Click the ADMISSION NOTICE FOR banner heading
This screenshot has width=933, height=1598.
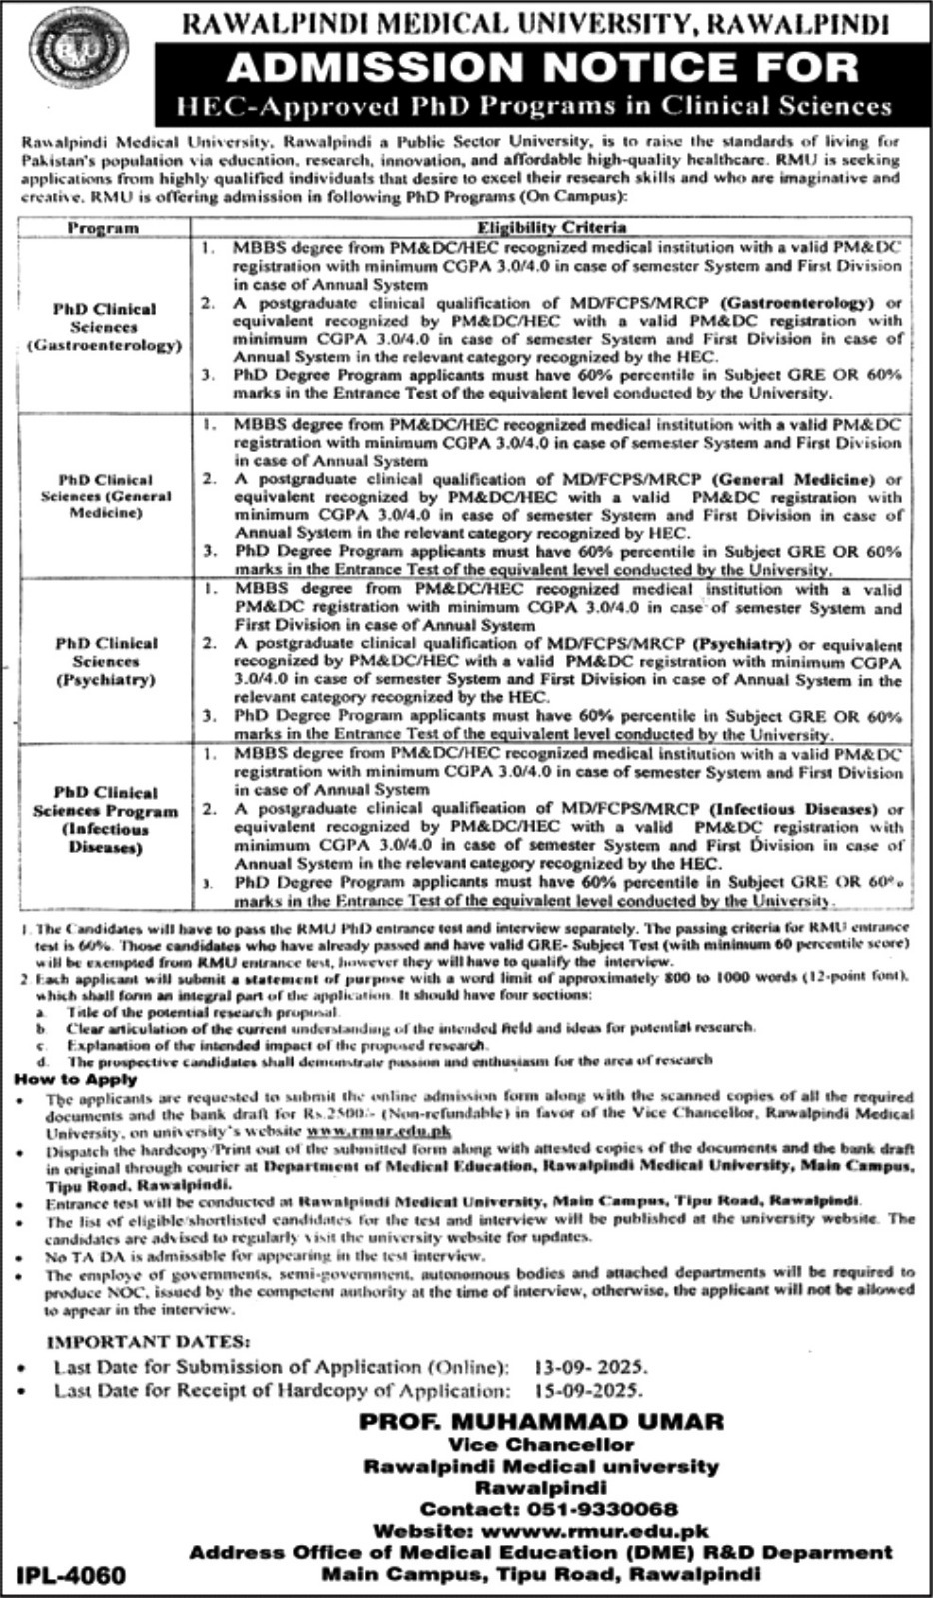coord(543,67)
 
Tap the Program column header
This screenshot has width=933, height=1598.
coord(102,228)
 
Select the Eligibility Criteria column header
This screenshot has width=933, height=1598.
coord(551,227)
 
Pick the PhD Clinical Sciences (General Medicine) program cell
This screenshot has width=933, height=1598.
coord(106,496)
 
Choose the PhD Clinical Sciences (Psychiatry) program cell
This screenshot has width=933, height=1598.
coord(106,661)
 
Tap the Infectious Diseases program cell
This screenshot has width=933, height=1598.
coord(106,820)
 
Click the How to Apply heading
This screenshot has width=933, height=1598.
coord(76,1079)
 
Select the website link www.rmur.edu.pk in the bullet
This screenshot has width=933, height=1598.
coord(379,1131)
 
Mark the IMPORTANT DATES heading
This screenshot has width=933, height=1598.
coord(149,1343)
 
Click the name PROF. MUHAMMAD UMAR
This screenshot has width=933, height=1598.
coord(541,1421)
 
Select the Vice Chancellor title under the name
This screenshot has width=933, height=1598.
coord(540,1445)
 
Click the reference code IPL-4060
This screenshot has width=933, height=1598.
coord(72,1575)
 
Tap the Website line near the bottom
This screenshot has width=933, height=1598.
coord(540,1531)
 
